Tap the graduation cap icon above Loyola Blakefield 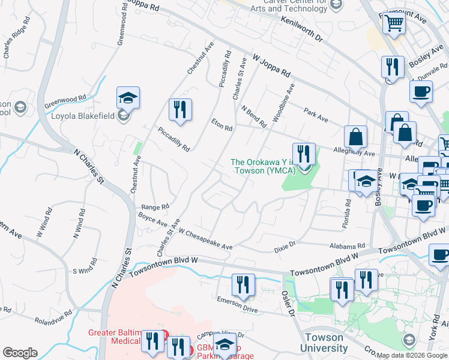tap(128, 97)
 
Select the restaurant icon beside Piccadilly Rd tap(179, 109)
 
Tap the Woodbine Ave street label tap(285, 102)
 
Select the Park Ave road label tap(316, 115)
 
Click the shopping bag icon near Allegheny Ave tap(356, 136)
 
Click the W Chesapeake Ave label tap(205, 239)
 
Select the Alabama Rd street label tap(348, 246)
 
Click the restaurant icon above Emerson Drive tap(243, 284)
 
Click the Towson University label tap(324, 342)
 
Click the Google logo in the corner tap(20, 353)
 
